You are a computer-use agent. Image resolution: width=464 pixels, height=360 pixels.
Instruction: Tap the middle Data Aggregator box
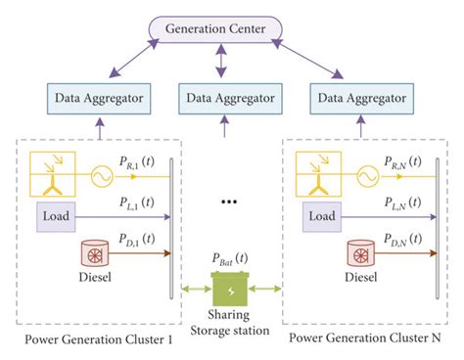click(225, 98)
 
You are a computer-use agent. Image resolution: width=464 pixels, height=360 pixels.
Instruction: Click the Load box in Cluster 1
click(55, 213)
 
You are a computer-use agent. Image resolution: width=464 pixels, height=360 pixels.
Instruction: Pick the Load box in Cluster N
click(318, 213)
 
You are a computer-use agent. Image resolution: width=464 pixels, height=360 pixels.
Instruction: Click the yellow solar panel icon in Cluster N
click(315, 171)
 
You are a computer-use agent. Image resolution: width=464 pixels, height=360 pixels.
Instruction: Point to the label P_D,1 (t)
click(137, 241)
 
